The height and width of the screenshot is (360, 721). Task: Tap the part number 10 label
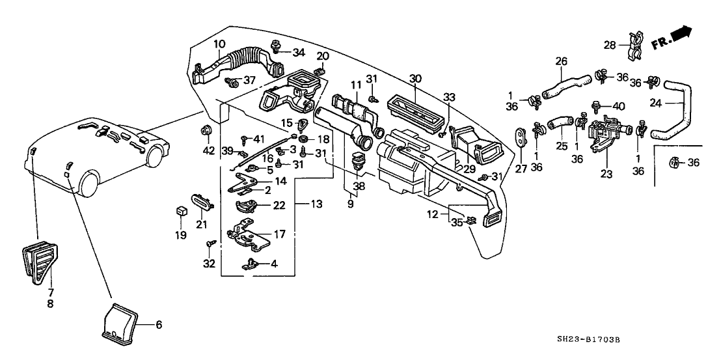(219, 44)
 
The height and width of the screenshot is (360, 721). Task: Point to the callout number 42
(208, 151)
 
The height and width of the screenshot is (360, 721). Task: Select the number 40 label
(618, 106)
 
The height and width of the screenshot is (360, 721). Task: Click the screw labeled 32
(210, 243)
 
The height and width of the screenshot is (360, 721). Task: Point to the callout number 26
(562, 62)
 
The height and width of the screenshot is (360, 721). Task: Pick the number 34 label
(298, 52)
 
